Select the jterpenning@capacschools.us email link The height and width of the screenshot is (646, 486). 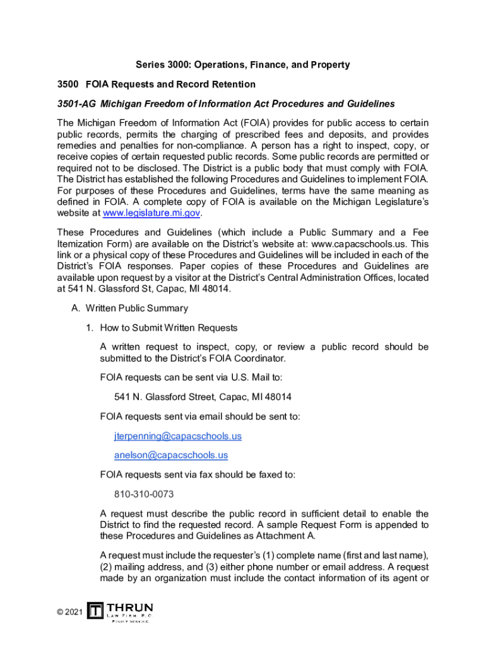point(178,436)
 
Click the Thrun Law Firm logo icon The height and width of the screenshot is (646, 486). point(95,611)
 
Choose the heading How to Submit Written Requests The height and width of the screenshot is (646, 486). point(169,327)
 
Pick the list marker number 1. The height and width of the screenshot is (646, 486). point(90,327)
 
